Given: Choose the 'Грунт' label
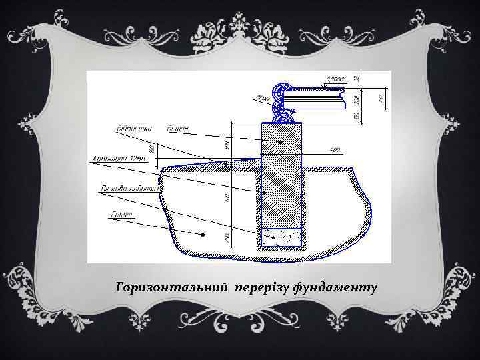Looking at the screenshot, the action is coord(120,215).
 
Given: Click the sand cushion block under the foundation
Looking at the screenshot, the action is coord(282,237).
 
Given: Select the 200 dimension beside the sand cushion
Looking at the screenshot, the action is coord(227,237).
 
